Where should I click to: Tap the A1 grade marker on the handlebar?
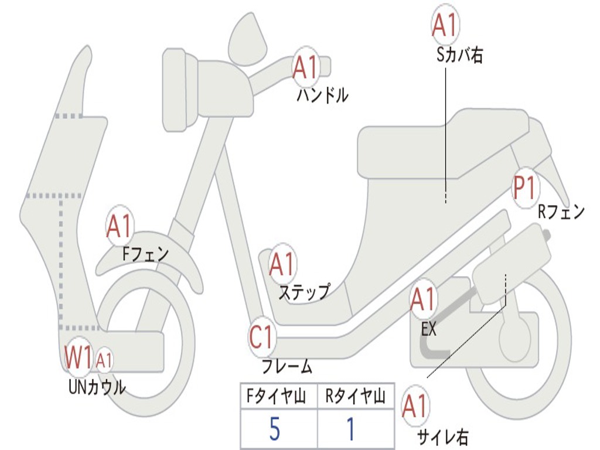point(305,67)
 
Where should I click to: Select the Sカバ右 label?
point(460,55)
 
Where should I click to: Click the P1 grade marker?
point(524,189)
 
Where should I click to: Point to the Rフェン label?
point(561,212)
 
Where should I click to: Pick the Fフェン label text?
point(145,254)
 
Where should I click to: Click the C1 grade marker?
point(262,338)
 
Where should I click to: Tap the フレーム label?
point(287,367)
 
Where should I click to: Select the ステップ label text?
point(304,291)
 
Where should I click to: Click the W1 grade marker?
point(79,357)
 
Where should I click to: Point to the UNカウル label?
point(97,387)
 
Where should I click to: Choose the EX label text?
point(429,329)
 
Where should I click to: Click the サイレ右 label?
point(442,437)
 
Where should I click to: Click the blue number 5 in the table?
point(274,430)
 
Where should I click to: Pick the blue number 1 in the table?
point(350,430)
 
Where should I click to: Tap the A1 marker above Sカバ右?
point(444,25)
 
